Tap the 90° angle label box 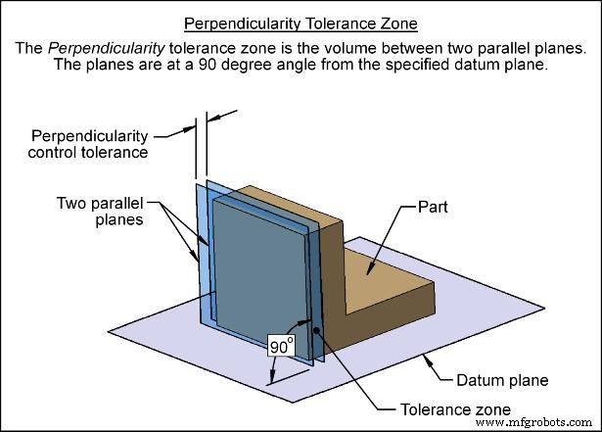[x=281, y=346]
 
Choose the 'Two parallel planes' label [x=99, y=211]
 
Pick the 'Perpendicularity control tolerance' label [x=90, y=143]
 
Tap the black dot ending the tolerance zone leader [x=315, y=327]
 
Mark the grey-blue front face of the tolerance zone [x=259, y=264]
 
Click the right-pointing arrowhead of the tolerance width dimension [x=212, y=116]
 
